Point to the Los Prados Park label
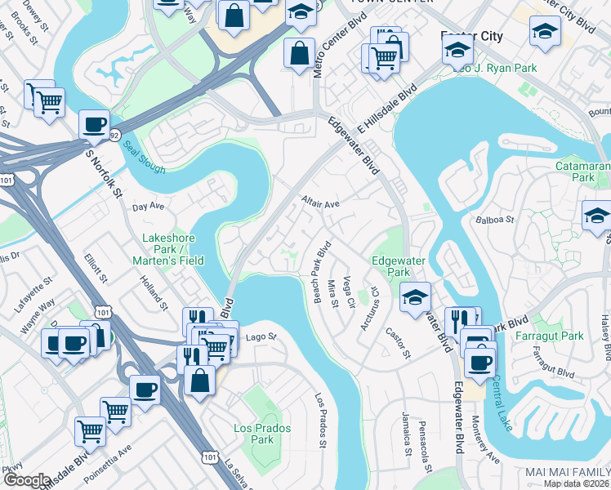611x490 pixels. click(253, 434)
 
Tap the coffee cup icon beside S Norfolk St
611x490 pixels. click(94, 126)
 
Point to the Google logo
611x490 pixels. click(26, 480)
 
